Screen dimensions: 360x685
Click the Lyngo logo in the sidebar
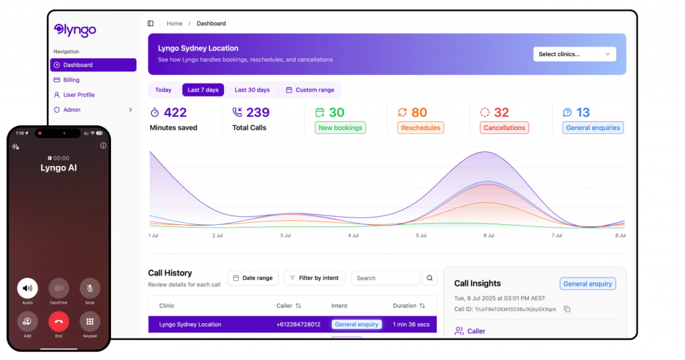click(75, 30)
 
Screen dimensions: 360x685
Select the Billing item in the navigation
click(71, 80)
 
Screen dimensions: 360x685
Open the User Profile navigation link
click(78, 95)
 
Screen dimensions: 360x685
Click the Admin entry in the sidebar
click(72, 110)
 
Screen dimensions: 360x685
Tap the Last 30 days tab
click(252, 90)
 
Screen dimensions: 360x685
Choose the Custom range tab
click(310, 90)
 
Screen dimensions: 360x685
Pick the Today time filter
click(163, 90)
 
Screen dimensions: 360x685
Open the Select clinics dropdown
click(574, 54)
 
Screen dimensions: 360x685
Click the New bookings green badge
click(340, 128)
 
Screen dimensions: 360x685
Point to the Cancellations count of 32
click(501, 112)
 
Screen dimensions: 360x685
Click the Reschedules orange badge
click(420, 128)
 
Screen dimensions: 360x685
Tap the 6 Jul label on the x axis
click(488, 236)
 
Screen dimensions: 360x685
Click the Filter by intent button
click(314, 278)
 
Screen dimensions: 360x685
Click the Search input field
click(385, 278)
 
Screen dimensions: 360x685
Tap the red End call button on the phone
click(58, 322)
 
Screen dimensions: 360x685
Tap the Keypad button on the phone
click(90, 322)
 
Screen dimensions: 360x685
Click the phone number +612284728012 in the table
click(298, 325)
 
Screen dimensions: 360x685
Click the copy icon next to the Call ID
click(567, 309)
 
